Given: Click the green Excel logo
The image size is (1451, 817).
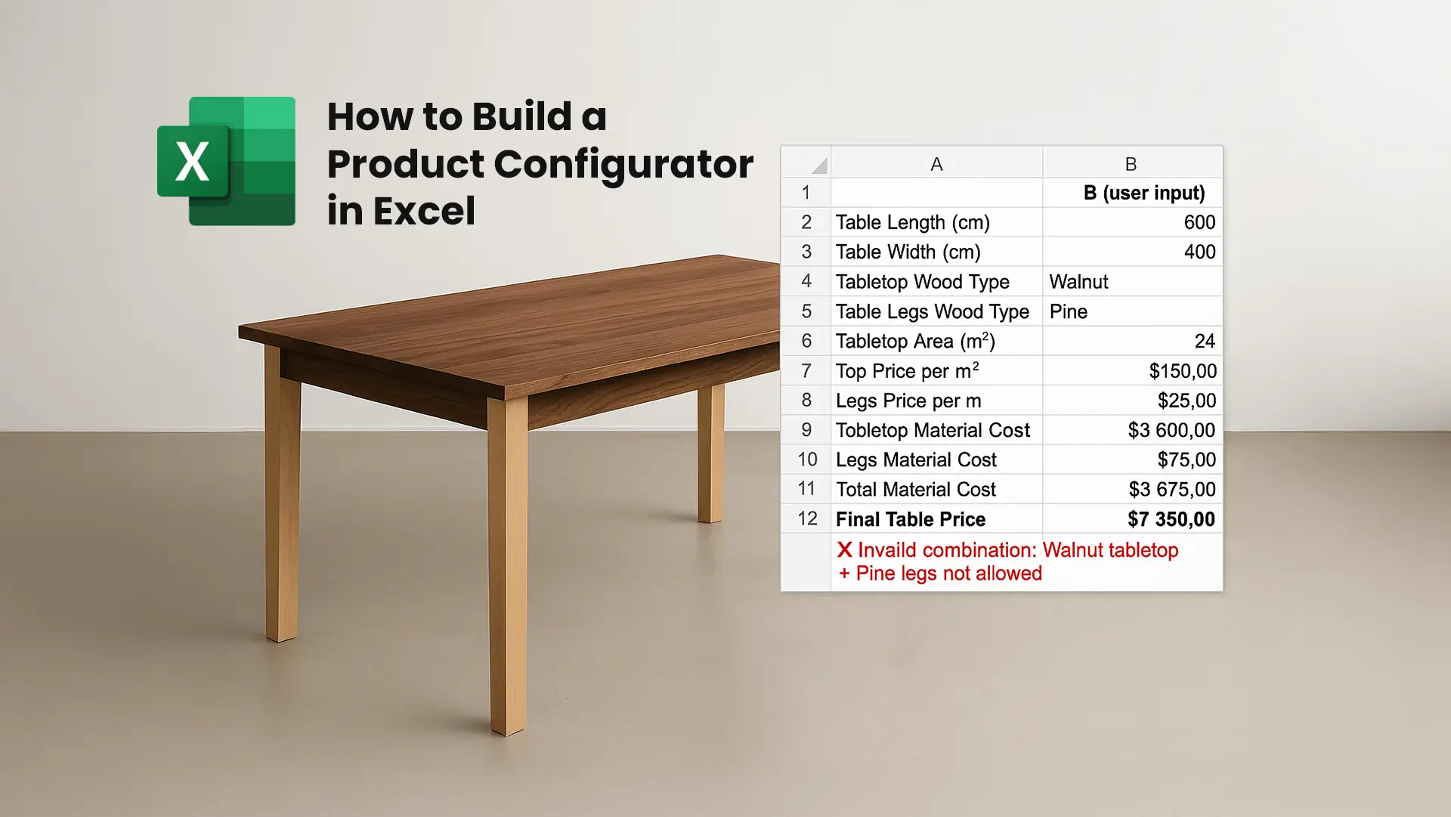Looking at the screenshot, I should tap(225, 161).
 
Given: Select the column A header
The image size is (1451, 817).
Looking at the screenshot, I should tap(936, 164).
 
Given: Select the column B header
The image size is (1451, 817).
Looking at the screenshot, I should tap(1131, 164).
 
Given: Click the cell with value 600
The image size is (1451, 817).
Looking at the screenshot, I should tap(1199, 222).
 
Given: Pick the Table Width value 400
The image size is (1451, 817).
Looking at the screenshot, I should tap(1199, 252).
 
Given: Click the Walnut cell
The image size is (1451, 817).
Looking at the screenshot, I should tap(1078, 282).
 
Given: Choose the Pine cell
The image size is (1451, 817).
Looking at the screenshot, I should tap(1069, 311).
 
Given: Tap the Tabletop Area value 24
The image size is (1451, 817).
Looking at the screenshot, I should tap(1204, 341).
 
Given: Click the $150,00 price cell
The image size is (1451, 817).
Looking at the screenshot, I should tap(1182, 371).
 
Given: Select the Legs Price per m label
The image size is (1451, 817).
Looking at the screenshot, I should tap(908, 401).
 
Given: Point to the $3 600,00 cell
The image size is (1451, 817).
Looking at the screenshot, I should tap(1171, 430).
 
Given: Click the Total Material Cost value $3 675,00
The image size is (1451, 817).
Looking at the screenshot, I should tap(1171, 490).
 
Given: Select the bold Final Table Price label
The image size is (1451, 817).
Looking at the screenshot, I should tap(911, 519).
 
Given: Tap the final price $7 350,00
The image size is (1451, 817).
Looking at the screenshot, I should tap(1171, 519).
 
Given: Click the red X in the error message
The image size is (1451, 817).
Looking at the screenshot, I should tap(844, 550).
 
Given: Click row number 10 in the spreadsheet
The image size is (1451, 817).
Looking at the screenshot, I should tap(806, 460).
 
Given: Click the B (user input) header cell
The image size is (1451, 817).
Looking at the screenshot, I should tap(1143, 193).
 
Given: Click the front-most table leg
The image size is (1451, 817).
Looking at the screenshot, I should tap(507, 567).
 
